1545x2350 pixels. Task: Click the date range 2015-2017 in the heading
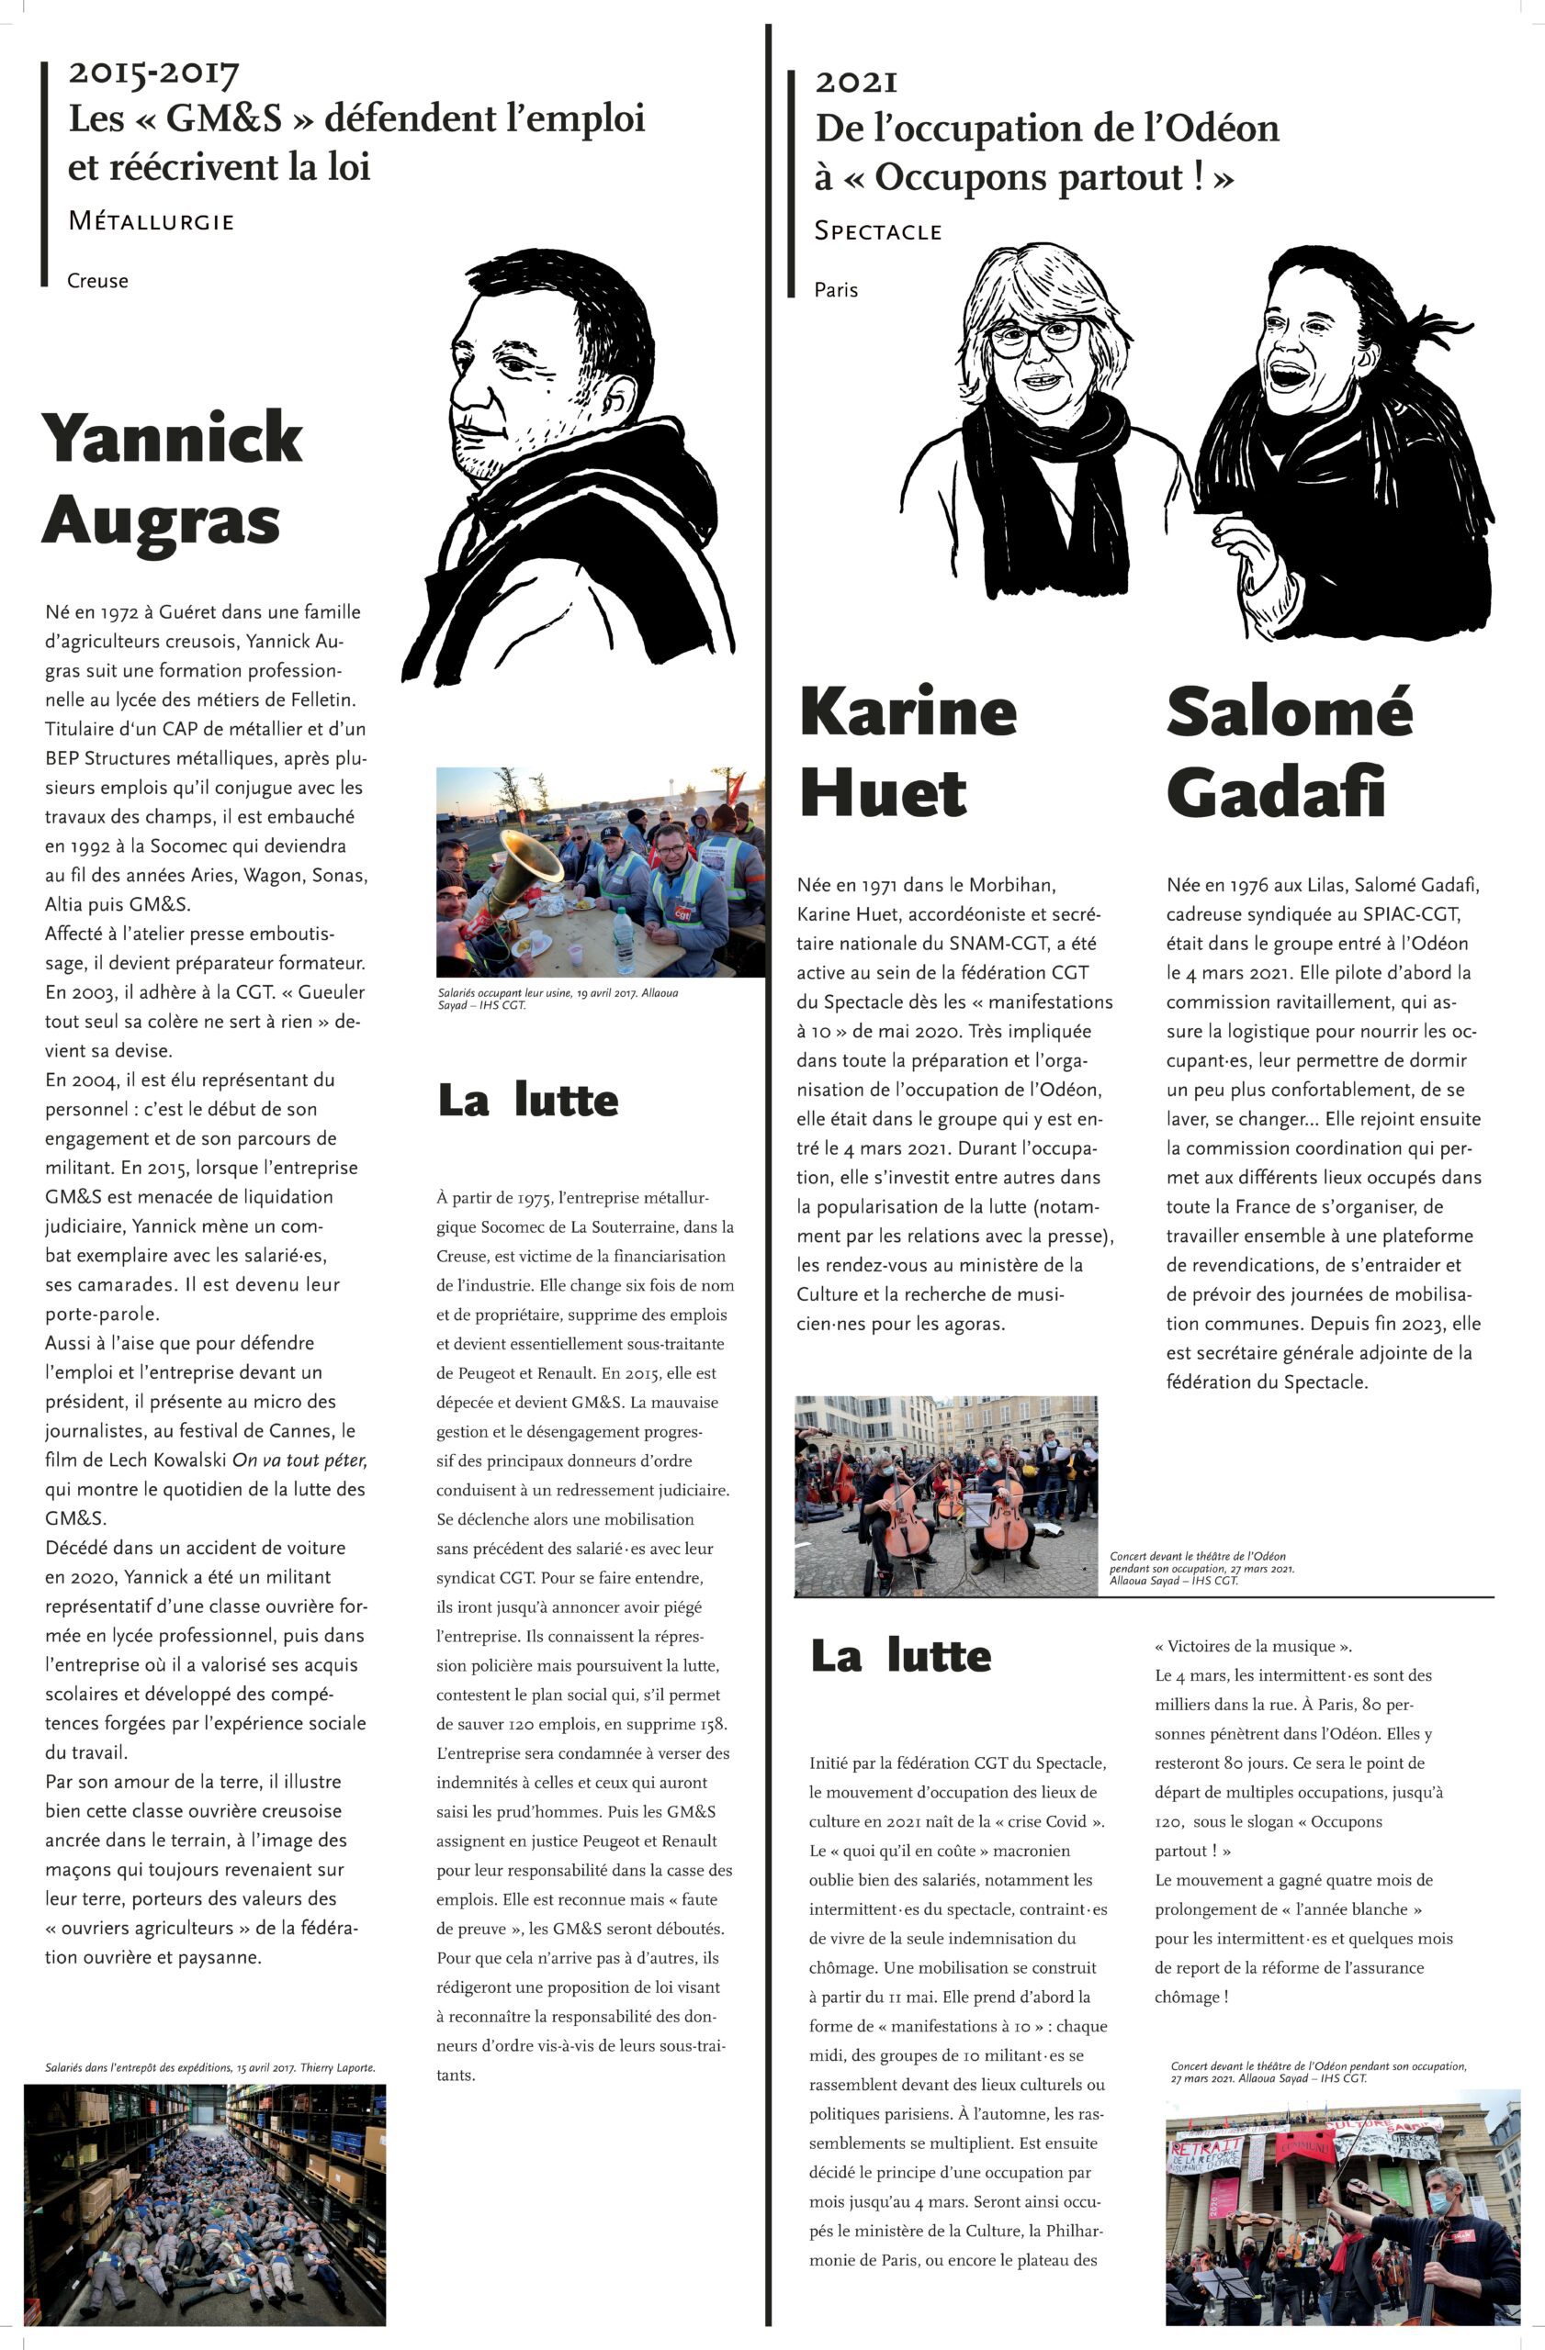click(153, 73)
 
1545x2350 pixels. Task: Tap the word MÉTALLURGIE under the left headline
click(152, 221)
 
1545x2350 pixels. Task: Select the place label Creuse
click(97, 280)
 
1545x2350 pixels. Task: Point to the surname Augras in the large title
click(161, 520)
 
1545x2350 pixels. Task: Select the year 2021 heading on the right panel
click(855, 82)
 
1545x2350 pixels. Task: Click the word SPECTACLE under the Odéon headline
click(878, 231)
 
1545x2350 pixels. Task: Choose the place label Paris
click(836, 290)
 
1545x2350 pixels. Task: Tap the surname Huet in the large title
click(883, 793)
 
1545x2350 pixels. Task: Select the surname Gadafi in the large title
click(1275, 793)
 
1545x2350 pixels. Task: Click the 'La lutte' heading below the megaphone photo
click(528, 1101)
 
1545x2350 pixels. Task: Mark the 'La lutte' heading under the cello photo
click(901, 1656)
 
